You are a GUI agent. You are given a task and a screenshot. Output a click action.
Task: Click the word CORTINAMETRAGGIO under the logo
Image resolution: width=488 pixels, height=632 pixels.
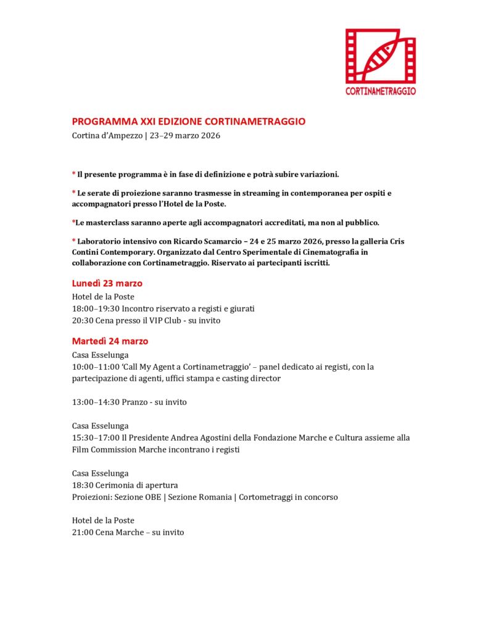point(380,91)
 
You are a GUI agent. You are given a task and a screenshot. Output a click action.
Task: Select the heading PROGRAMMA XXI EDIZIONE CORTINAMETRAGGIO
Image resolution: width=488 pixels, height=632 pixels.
point(188,122)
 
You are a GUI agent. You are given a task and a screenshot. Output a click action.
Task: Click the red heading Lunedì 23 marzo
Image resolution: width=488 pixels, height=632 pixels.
point(107,283)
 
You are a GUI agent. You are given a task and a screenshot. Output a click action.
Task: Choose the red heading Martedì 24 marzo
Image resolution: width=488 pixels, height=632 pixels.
point(110,341)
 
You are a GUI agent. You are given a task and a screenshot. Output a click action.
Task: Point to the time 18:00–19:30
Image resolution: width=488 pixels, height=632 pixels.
point(96,309)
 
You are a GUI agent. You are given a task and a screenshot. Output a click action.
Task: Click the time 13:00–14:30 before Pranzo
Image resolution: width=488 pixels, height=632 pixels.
point(96,402)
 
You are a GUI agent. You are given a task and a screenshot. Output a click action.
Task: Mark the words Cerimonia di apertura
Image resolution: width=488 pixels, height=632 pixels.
point(137,485)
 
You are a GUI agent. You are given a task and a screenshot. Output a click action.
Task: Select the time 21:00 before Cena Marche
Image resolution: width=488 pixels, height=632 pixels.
point(83,532)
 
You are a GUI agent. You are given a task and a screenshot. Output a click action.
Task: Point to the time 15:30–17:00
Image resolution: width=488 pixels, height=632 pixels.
point(96,438)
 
